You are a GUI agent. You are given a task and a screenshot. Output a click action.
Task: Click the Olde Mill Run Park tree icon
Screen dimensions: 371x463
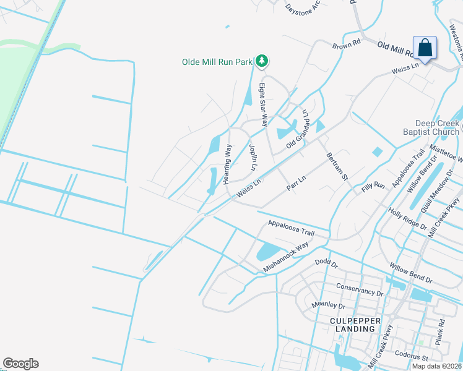coord(262,61)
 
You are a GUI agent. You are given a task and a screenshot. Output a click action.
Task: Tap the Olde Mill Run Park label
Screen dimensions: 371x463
coord(217,62)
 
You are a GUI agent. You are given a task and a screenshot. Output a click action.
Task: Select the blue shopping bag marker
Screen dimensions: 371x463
coord(425,48)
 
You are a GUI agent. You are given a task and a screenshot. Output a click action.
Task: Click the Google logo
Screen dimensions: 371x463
coord(20,364)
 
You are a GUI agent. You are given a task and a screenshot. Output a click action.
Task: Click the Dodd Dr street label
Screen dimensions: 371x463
coord(326,263)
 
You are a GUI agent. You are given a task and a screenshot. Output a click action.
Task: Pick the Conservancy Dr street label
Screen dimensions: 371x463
coord(360,288)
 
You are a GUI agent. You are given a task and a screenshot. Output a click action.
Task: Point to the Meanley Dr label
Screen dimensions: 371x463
coord(328,304)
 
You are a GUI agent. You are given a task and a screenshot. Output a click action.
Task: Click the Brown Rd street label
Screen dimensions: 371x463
coord(346,45)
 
